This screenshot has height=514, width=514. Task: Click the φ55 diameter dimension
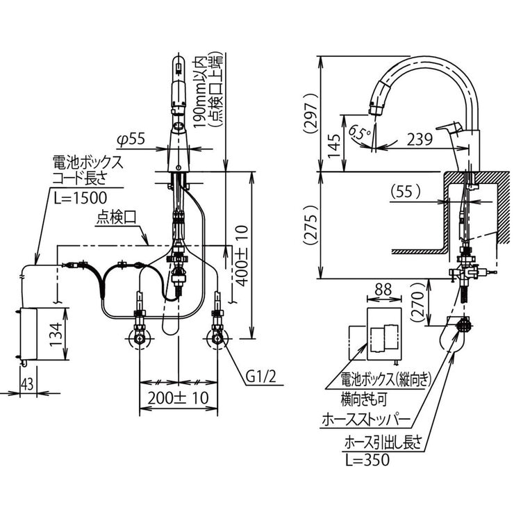click(131, 140)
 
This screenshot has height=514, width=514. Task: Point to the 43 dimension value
click(27, 383)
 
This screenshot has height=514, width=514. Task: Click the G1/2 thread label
click(262, 376)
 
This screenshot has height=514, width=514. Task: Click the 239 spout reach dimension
click(417, 139)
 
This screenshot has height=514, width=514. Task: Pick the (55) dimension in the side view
click(408, 189)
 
